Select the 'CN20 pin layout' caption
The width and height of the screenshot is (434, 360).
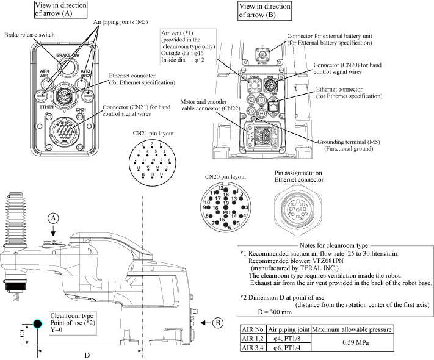pyautogui.click(x=225, y=177)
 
